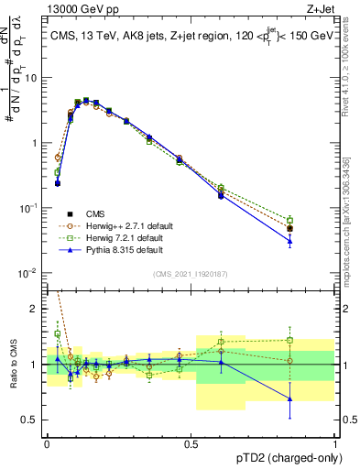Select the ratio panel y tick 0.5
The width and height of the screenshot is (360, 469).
pyautogui.click(x=31, y=420)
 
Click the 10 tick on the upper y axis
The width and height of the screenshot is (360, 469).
pyautogui.click(x=30, y=78)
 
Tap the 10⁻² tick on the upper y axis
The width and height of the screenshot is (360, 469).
pyautogui.click(x=27, y=274)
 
